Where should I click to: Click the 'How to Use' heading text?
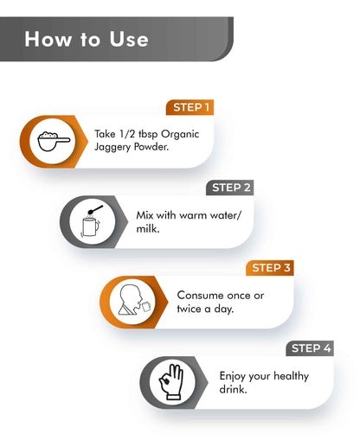[87, 39]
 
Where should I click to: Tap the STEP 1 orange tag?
[190, 107]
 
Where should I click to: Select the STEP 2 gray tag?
[230, 188]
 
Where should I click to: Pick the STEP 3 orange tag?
[270, 268]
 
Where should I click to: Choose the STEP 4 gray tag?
[310, 348]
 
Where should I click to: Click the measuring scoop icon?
[54, 141]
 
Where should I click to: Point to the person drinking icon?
[134, 300]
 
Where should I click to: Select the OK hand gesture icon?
[171, 382]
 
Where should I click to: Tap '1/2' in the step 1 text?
[127, 134]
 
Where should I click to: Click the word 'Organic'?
[180, 135]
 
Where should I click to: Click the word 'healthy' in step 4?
[291, 376]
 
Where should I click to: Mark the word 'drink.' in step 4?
[233, 389]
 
